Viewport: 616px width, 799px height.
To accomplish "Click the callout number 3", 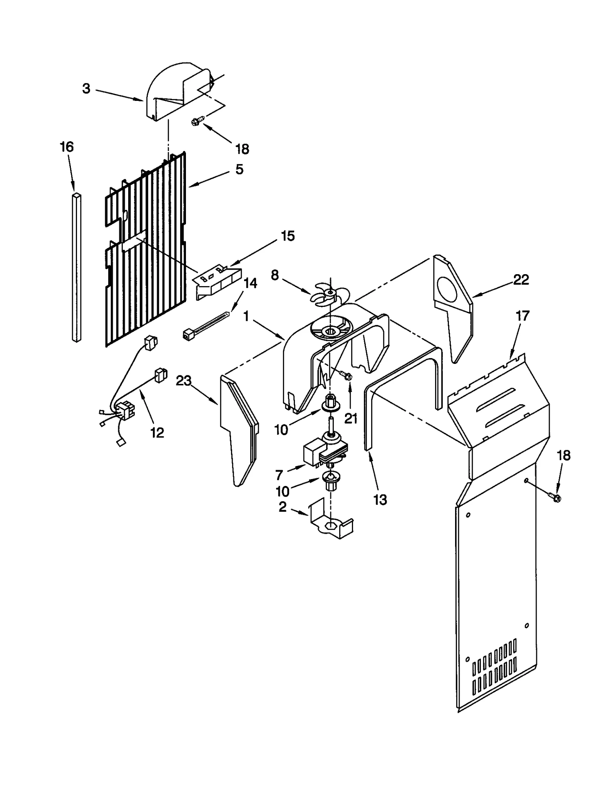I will [86, 89].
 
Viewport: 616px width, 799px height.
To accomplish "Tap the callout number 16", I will [67, 147].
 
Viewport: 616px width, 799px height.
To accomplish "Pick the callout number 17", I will [522, 316].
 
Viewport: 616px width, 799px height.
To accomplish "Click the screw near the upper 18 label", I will [196, 122].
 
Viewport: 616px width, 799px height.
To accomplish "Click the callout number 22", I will [521, 280].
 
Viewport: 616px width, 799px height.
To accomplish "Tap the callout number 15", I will [288, 236].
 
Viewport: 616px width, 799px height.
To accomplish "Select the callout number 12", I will [157, 432].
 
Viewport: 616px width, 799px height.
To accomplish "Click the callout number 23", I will [184, 381].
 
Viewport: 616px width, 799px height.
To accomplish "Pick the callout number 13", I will [380, 500].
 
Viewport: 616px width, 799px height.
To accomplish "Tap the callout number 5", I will [239, 169].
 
